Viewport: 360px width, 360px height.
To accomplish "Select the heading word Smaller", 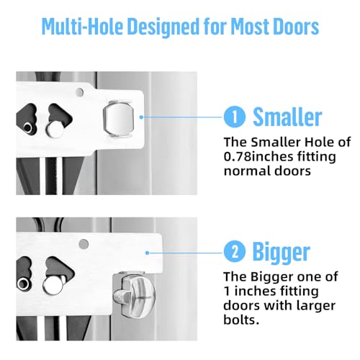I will pyautogui.click(x=287, y=117).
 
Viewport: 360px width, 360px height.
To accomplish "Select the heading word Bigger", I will pyautogui.click(x=281, y=251).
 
